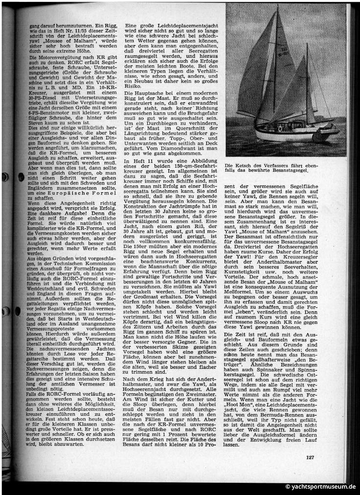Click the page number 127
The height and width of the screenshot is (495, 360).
[x=310, y=457]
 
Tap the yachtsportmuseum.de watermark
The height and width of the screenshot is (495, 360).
[x=321, y=487]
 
